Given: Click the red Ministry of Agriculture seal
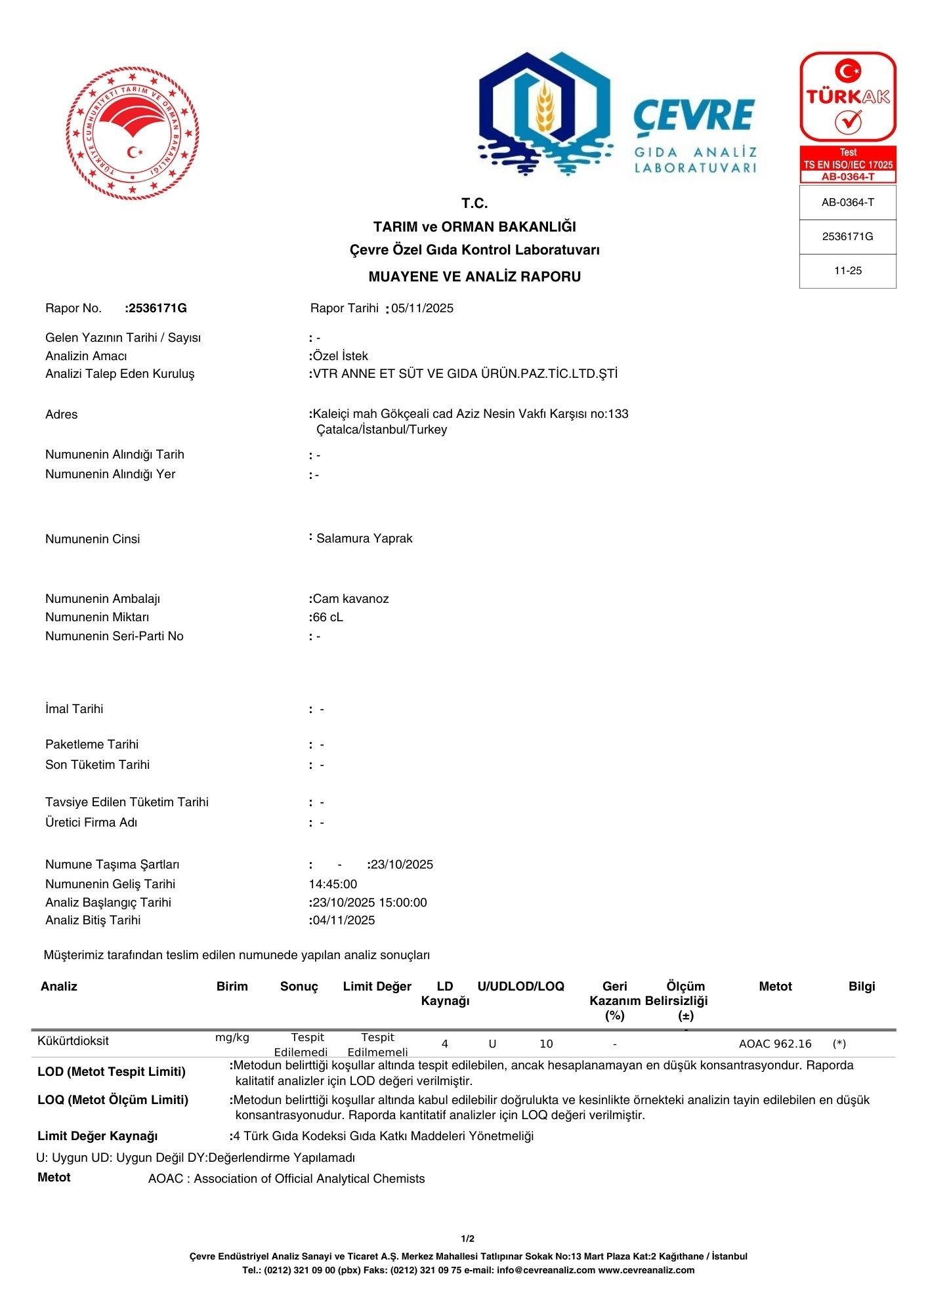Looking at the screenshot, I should point(132,133).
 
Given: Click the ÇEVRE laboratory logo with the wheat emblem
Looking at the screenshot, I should point(617,115).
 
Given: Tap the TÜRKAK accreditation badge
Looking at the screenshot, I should point(848,117).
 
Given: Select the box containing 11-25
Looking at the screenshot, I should point(847,271).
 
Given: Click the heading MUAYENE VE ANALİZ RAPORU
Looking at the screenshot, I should point(474,277).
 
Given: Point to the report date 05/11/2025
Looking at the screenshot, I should point(422,308).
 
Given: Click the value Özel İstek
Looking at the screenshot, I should point(340,356).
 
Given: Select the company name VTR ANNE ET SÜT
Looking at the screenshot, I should point(465,374).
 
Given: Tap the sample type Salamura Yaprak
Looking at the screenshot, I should point(364,539).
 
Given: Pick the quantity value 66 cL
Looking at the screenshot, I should point(327,617).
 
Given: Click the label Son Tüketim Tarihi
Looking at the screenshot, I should point(97,765).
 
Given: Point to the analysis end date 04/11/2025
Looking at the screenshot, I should point(343,920).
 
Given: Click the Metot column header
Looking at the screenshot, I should point(775,987).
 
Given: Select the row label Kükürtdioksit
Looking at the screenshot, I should point(73,1041).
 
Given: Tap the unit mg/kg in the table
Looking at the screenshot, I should point(232,1038).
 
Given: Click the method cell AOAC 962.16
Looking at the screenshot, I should point(775,1044).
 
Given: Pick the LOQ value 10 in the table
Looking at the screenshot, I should point(546,1044).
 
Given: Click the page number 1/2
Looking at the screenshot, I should point(467,1239).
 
